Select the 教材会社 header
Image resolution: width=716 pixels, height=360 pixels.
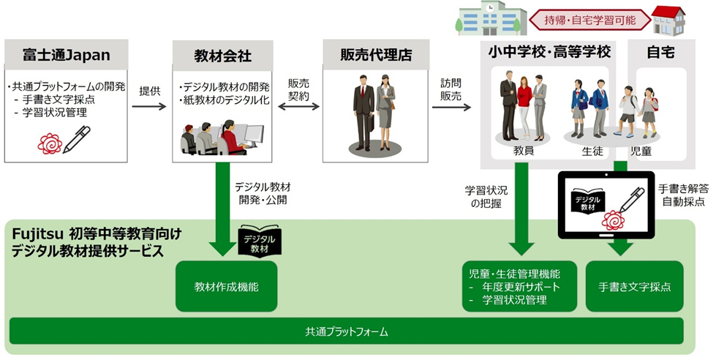223,54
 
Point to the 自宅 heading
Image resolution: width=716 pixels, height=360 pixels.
660,52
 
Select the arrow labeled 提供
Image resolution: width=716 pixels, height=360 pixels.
149,107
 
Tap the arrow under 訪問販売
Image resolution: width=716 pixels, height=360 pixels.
451,107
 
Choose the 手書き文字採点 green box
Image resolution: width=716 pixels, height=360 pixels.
635,287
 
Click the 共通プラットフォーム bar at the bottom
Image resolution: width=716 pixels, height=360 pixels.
346,331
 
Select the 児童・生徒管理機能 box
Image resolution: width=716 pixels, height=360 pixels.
520,287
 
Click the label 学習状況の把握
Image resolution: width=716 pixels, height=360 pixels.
485,196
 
